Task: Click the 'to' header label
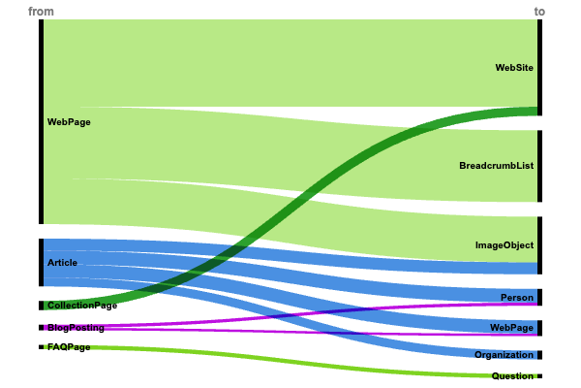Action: (x=539, y=12)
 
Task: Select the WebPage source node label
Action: (x=69, y=122)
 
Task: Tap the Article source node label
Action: (x=62, y=263)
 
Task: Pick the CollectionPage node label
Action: (x=82, y=306)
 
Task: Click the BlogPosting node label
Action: (x=76, y=328)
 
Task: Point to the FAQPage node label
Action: (x=69, y=346)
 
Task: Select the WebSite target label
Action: (x=514, y=68)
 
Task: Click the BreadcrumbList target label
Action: (x=497, y=166)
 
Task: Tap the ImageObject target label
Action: (x=505, y=245)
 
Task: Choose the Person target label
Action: (x=517, y=297)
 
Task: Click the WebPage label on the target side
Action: (x=511, y=328)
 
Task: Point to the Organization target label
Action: (x=504, y=355)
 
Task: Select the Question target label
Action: (x=512, y=376)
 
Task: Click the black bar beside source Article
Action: (x=42, y=263)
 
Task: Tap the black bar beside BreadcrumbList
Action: (x=539, y=166)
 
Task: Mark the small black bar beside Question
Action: (x=539, y=376)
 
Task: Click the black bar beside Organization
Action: (x=539, y=355)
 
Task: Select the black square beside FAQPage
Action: (x=42, y=346)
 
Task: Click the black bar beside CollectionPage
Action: (x=42, y=306)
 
